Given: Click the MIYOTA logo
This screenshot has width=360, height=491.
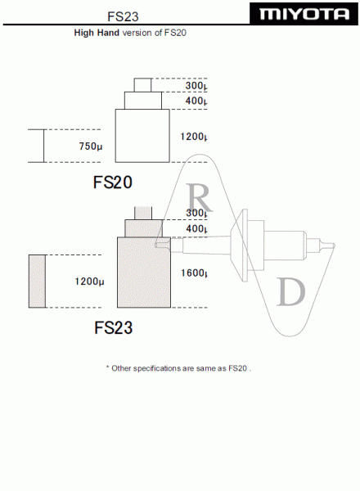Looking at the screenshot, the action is tap(304, 13).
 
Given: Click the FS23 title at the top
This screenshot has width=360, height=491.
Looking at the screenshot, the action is tap(123, 16).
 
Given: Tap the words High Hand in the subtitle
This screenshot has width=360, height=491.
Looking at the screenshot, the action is tap(97, 33).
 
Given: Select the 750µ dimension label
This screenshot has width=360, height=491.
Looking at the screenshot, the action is tap(91, 146).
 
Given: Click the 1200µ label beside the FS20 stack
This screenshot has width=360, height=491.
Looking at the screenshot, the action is tap(193, 137).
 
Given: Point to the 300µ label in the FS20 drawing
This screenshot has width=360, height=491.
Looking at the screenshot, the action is tap(196, 85).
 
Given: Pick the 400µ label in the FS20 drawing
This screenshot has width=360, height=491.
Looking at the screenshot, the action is tap(196, 101).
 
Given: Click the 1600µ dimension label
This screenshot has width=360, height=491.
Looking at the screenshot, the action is tap(194, 273).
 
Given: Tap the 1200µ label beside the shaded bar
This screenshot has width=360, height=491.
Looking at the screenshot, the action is tap(89, 282).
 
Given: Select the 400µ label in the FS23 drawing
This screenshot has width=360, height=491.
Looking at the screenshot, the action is tap(196, 228).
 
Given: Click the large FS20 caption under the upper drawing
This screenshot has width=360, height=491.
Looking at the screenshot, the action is tap(113, 182).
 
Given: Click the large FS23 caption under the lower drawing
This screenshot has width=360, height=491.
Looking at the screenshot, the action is tap(114, 327).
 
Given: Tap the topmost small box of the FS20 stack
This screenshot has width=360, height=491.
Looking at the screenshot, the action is tap(142, 85).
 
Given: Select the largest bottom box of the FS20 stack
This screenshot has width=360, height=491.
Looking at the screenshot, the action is tap(142, 136).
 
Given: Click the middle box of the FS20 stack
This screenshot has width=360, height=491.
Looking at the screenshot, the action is tap(143, 101).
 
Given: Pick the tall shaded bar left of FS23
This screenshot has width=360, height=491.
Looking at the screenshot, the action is tap(38, 282).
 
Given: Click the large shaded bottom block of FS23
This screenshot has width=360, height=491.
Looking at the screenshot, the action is tap(144, 273).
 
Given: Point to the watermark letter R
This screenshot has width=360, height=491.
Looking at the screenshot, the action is tap(200, 197).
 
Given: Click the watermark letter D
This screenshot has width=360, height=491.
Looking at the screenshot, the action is tap(291, 292).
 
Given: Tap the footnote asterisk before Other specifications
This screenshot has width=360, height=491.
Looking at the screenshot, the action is tap(107, 367).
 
